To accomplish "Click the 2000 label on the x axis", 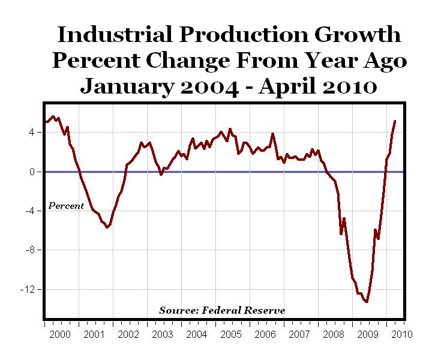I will (x=60, y=334).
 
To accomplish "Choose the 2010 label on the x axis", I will (x=400, y=334).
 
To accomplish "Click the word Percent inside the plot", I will (x=66, y=206).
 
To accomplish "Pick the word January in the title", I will (x=122, y=86).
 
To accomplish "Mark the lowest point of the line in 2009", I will (x=366, y=301).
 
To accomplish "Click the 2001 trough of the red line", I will (x=107, y=227).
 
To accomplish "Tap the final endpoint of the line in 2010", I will (x=395, y=121).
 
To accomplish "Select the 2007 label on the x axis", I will (x=298, y=334).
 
